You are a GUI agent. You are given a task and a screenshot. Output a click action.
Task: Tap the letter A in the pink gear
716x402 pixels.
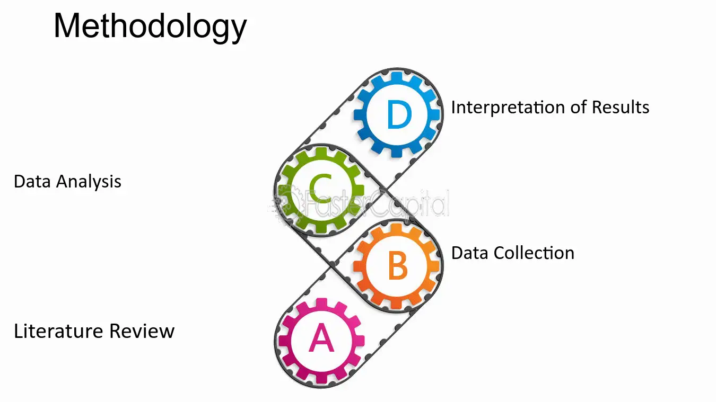[x=321, y=337]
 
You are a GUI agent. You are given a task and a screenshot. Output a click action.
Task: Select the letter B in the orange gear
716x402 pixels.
[x=398, y=265]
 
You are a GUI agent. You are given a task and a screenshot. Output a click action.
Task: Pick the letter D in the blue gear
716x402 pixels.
[x=399, y=114]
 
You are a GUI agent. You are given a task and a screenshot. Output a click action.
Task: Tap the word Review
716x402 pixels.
[x=142, y=331]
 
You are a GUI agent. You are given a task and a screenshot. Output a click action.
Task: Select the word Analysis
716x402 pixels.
[x=89, y=182]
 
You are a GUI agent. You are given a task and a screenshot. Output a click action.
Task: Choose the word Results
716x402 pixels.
[x=621, y=107]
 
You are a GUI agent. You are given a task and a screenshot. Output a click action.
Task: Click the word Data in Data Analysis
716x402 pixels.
[x=32, y=181]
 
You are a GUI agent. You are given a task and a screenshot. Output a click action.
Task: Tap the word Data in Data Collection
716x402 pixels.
[x=470, y=253]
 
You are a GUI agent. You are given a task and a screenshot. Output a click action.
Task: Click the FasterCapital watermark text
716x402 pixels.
[x=376, y=203]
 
